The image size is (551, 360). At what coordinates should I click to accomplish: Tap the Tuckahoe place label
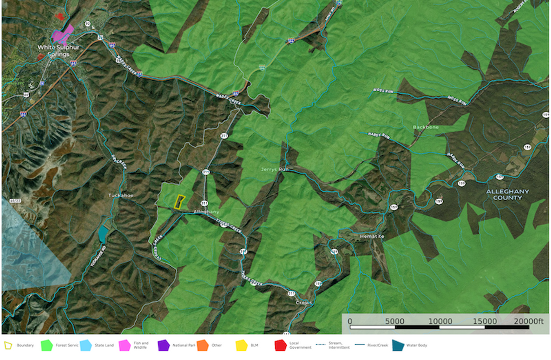tap(120, 195)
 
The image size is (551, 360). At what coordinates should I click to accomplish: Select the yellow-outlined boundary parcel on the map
tap(179, 201)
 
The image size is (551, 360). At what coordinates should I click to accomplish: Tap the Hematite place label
tap(372, 236)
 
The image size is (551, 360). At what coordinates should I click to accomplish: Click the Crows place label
tap(304, 302)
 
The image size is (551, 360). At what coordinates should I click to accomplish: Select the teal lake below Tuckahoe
tap(103, 233)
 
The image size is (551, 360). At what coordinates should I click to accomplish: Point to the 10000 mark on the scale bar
tap(440, 321)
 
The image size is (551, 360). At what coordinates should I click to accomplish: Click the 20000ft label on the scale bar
tap(528, 321)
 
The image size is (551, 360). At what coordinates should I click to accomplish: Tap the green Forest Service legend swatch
tap(46, 345)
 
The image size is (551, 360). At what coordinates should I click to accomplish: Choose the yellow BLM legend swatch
tap(241, 345)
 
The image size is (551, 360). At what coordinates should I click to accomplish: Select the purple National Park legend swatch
tap(163, 345)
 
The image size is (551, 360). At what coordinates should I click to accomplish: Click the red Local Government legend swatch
tap(280, 345)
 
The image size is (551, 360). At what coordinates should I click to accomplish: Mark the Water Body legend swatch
tap(398, 345)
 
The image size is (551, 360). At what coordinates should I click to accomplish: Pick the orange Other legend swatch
tap(202, 345)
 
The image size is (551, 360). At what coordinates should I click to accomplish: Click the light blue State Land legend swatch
tap(85, 345)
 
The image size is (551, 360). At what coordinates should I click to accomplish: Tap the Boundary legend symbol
tap(8, 345)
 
